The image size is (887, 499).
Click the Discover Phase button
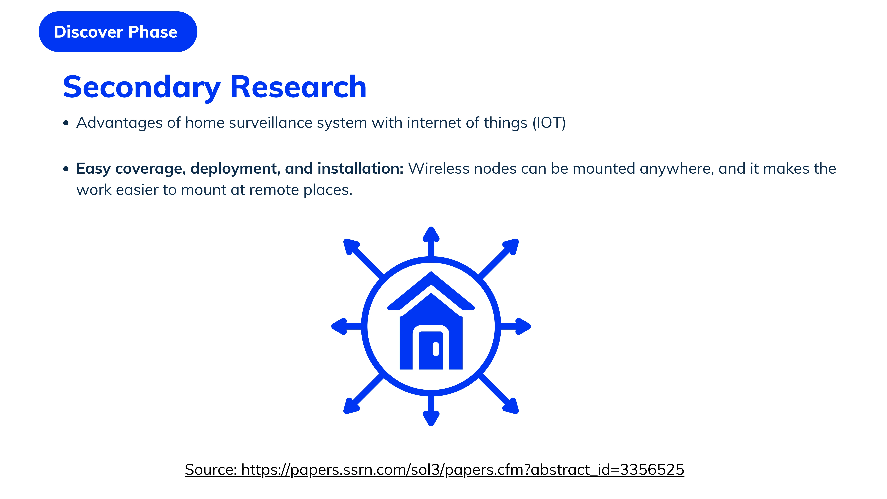click(118, 32)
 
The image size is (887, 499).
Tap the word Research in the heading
click(298, 87)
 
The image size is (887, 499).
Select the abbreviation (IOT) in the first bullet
click(549, 123)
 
